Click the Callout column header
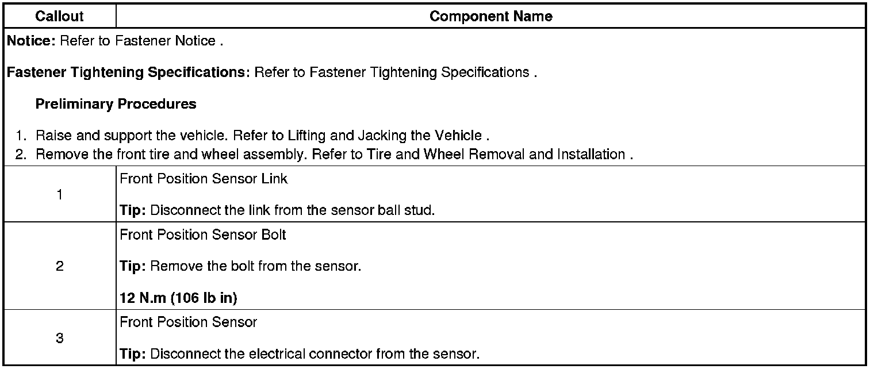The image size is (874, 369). tap(59, 17)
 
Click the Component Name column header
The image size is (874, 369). tap(490, 17)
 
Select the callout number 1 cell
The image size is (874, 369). tap(59, 195)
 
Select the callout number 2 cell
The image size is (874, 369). tap(59, 267)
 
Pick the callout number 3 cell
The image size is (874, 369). tap(59, 339)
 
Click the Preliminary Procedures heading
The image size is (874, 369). tap(116, 104)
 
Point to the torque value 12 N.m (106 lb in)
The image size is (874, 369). tap(178, 298)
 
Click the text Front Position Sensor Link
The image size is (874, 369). tap(204, 179)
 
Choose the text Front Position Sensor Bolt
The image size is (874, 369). tap(202, 235)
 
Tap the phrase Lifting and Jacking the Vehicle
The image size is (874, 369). tap(419, 136)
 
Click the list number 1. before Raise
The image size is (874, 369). tap(21, 136)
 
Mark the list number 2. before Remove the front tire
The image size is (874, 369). tap(21, 155)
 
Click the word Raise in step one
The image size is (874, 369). tap(51, 136)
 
